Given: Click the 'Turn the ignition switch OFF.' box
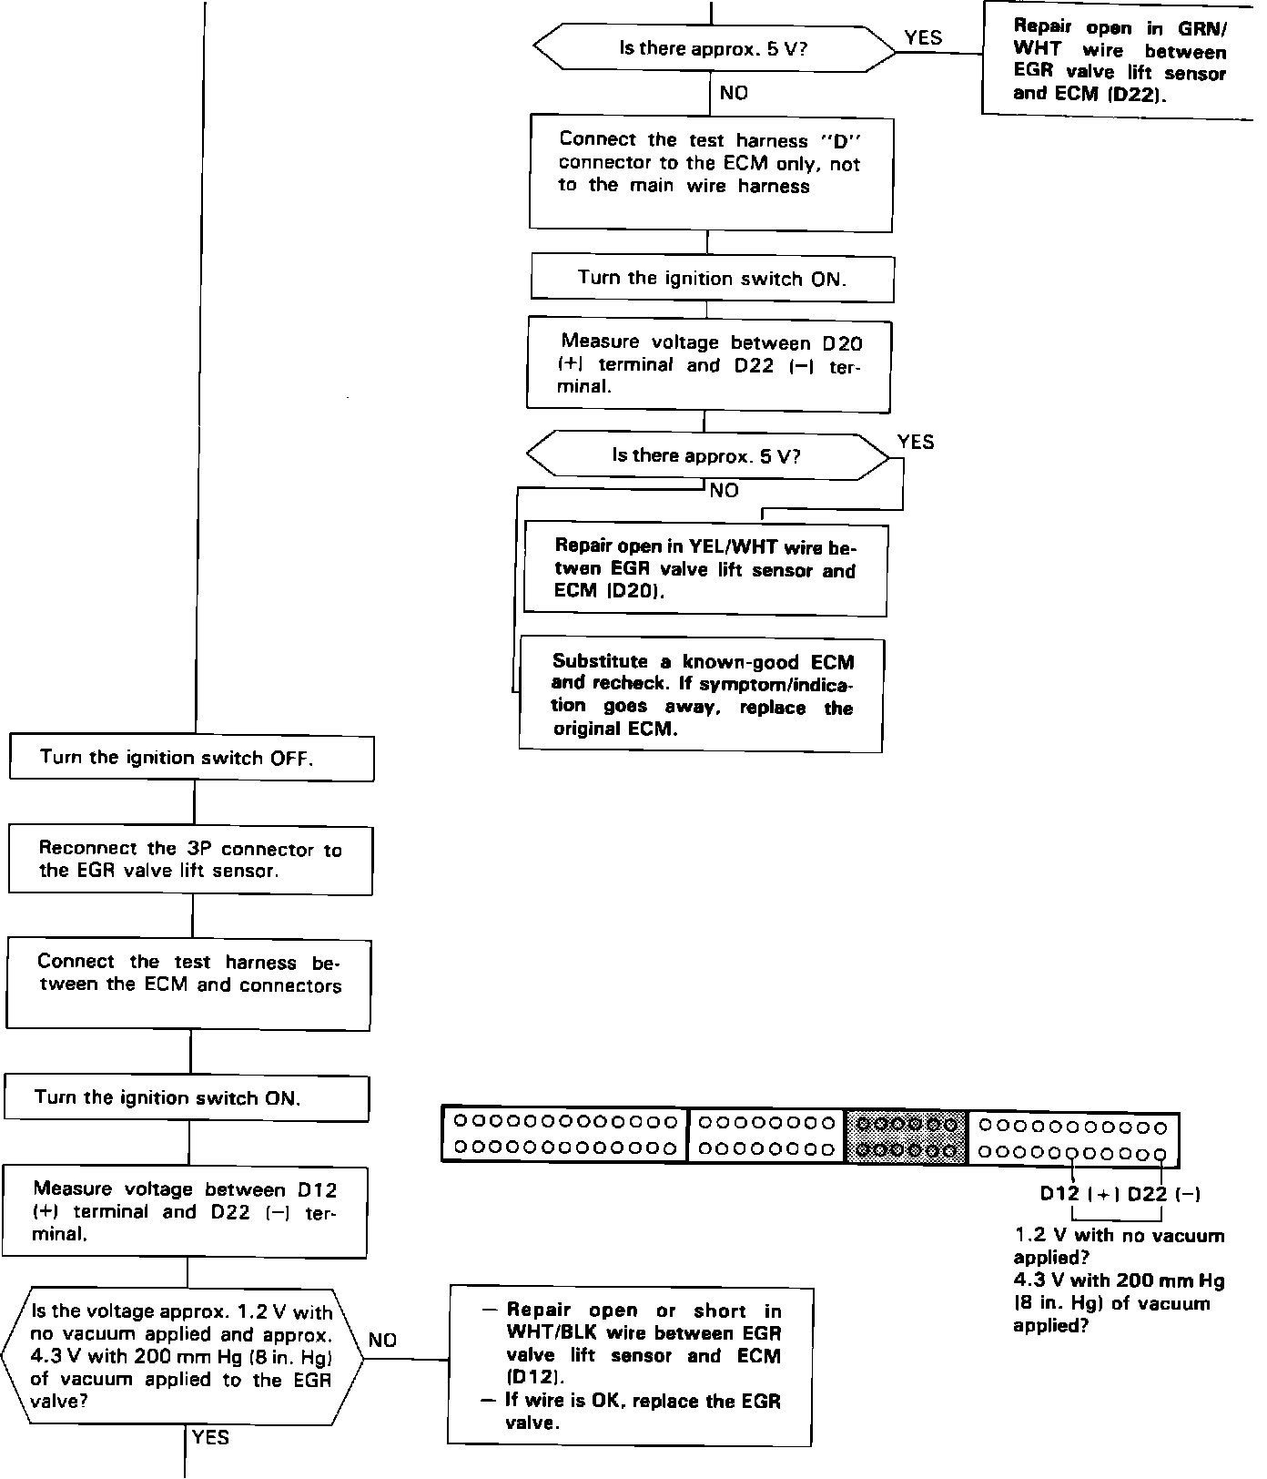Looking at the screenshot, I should click(191, 758).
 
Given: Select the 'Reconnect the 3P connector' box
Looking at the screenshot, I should click(191, 860).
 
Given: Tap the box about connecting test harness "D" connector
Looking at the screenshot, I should click(710, 173).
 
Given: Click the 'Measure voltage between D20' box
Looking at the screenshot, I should click(708, 364).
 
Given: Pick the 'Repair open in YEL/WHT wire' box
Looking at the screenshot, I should click(705, 569).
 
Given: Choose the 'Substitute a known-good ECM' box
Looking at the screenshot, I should click(701, 695).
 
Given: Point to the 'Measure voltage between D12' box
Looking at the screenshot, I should click(186, 1212).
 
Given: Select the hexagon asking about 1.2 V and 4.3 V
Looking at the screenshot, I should click(182, 1356).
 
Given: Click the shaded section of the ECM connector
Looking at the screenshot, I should click(906, 1137).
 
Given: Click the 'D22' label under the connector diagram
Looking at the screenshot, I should click(1147, 1194).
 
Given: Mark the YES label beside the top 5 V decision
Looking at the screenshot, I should click(923, 37).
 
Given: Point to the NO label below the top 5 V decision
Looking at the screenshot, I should click(735, 93).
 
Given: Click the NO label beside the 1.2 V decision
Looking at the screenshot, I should click(383, 1340).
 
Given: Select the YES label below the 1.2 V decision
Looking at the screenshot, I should click(211, 1437).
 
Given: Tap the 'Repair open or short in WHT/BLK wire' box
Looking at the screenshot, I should click(630, 1366).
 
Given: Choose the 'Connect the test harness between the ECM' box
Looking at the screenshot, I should click(188, 984).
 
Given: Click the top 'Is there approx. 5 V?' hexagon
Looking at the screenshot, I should click(714, 48).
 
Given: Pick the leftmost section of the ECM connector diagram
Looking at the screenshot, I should click(565, 1135).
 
